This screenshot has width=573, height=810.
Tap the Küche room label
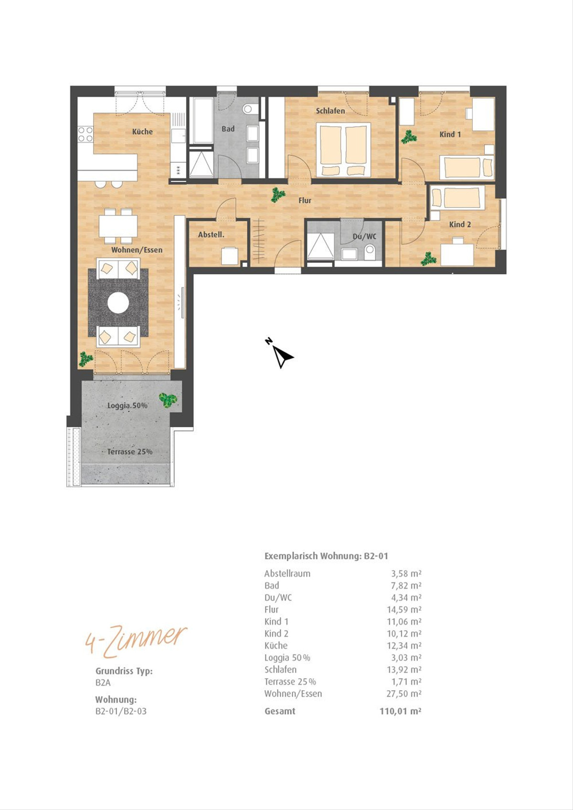point(142,132)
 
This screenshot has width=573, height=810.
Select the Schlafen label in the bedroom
point(330,111)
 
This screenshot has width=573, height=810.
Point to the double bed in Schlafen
point(343,150)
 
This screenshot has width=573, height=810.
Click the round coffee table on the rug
point(118,302)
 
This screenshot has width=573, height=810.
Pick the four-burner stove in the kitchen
point(85,134)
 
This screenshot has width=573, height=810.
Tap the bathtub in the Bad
point(201,120)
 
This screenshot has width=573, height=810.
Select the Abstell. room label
point(211,235)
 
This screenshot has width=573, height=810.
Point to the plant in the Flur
point(278,195)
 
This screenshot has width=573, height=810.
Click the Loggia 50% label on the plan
point(127,405)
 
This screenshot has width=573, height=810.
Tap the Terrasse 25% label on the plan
point(129,452)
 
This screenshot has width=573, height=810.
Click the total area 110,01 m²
point(400,711)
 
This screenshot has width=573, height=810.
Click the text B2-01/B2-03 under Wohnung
point(121,711)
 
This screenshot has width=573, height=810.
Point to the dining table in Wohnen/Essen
point(118,226)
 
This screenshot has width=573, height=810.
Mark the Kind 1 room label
point(450,134)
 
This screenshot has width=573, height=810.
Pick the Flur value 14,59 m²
point(404,609)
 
